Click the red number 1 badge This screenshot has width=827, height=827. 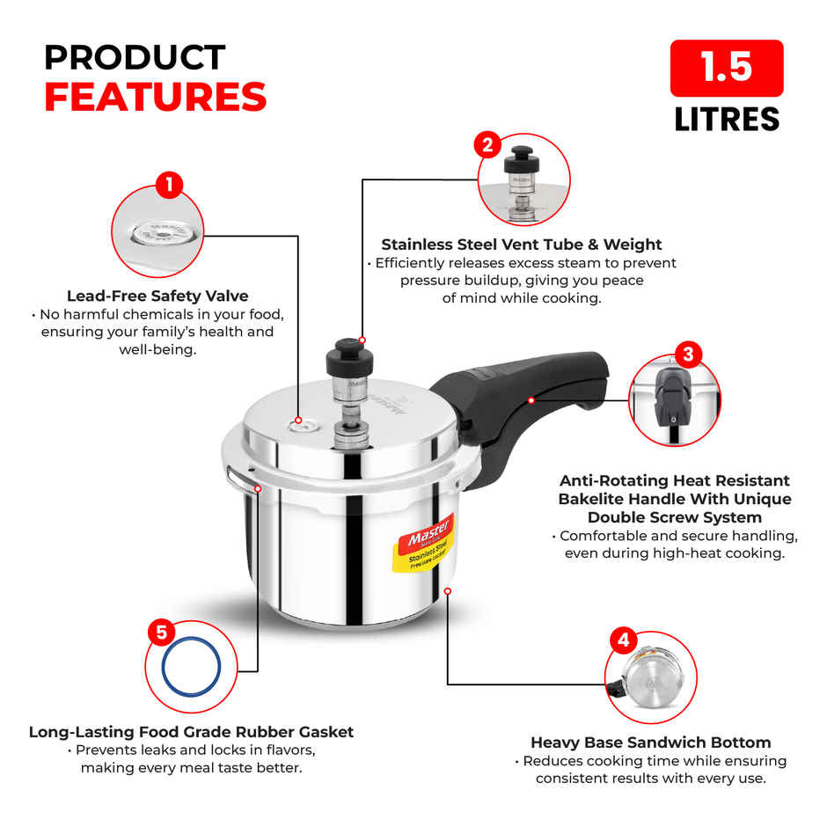point(168,186)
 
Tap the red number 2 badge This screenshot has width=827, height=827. point(487,144)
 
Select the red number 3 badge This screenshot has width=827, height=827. point(688,355)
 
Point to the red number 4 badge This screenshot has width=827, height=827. point(624,640)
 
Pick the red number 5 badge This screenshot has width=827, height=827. point(160,632)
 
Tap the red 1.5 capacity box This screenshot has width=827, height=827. point(726,69)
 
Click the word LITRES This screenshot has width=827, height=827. point(727,119)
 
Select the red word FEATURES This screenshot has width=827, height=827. point(156,97)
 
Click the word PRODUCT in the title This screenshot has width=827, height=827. point(135,57)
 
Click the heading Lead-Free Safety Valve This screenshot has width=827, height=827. point(157,296)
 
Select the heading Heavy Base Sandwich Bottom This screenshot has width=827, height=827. point(650,743)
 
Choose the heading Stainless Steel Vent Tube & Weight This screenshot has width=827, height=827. point(521,245)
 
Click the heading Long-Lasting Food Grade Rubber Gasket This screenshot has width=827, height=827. point(191,731)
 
